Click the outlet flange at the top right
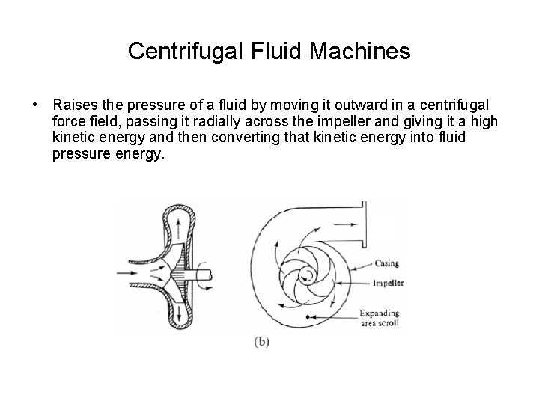click(x=362, y=224)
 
